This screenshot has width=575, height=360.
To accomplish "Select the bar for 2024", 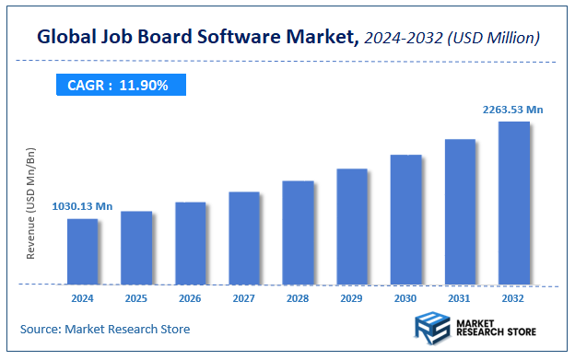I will tap(82, 250).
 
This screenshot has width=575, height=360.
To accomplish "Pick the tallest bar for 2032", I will tap(513, 203).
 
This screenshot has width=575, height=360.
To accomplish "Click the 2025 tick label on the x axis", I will tap(136, 298).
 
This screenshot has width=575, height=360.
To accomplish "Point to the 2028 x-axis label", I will tap(298, 298).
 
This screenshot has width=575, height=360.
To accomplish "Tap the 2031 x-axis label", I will tap(460, 298).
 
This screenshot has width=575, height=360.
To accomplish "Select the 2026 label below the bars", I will tap(190, 298).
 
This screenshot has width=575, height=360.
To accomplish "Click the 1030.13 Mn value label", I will tap(81, 207).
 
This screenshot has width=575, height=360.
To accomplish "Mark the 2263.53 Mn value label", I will tap(512, 110).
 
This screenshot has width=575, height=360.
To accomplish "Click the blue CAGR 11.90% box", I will tap(118, 85).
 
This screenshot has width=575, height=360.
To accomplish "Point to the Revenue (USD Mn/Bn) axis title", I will tap(30, 203).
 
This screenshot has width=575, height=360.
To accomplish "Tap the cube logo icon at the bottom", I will tap(428, 329).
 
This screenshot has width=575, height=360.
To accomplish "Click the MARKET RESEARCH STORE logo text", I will tap(492, 329).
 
